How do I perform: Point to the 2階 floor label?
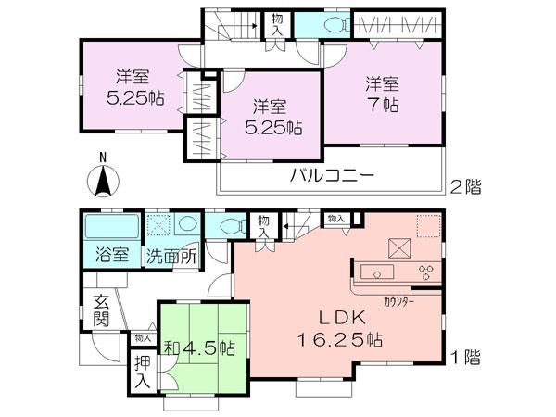coord(466,186)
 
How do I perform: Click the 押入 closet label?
coord(142,374)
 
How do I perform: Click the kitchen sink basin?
coord(379,272)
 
